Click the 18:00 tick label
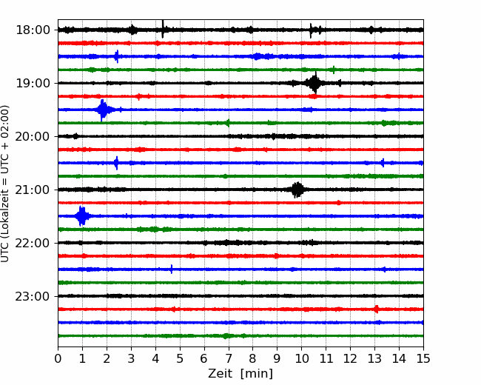tap(33, 30)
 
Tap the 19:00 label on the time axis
tap(33, 83)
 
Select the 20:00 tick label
tap(33, 136)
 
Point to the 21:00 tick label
tap(33, 190)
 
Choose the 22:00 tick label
tap(33, 243)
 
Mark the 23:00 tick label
tap(33, 296)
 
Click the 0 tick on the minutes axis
tap(58, 358)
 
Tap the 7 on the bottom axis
tap(229, 358)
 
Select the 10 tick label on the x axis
tap(301, 358)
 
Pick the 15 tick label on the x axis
tap(423, 358)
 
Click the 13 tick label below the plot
tap(374, 358)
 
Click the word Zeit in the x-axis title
tap(220, 373)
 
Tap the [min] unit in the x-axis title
tap(257, 374)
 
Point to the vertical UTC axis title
tap(5, 184)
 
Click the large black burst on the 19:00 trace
tap(314, 83)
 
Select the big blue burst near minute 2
tap(103, 110)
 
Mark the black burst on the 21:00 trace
tap(297, 190)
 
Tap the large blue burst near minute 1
tap(81, 216)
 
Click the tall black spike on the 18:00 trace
tap(163, 29)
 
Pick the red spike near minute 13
tap(377, 309)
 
